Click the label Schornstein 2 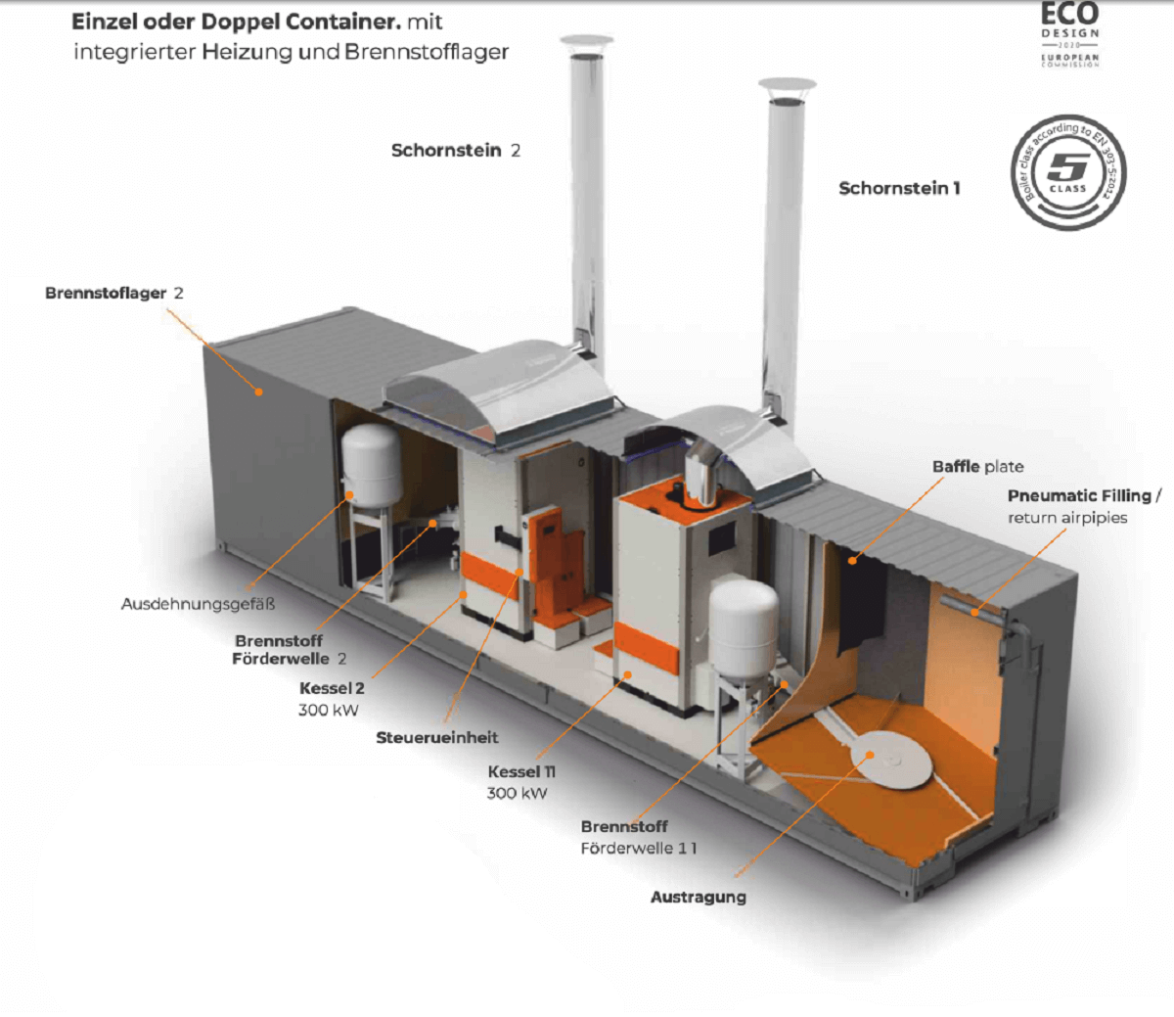coord(455,151)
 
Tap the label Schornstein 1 coord(899,188)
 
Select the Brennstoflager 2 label coord(113,293)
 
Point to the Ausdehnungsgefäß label coord(198,604)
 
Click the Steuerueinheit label coord(436,737)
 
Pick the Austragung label coord(698,897)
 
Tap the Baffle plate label coord(977,467)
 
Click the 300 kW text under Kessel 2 coord(329,710)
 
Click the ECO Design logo coord(1069,34)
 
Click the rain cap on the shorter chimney coord(786,89)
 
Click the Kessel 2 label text coord(332,688)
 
